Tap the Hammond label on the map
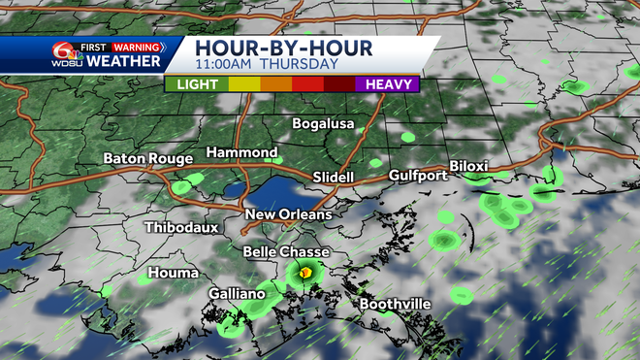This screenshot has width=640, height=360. tap(242, 153)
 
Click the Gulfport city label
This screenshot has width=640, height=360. tap(418, 176)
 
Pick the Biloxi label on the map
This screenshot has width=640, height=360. tap(472, 166)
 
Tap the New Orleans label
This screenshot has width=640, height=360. tap(288, 214)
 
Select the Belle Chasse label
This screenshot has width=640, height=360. tap(285, 252)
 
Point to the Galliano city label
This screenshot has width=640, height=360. tap(237, 294)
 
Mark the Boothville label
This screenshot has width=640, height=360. tap(395, 305)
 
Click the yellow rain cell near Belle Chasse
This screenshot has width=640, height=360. tap(305, 275)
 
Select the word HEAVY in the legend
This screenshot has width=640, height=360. tap(387, 84)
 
